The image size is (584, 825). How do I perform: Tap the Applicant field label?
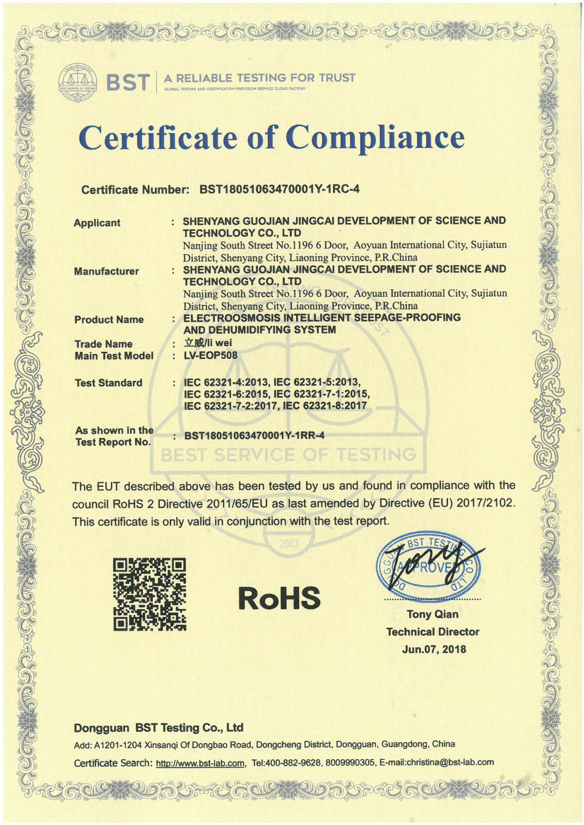click(97, 223)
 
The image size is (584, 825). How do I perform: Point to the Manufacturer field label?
click(106, 271)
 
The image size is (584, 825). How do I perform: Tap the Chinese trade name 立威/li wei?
click(208, 343)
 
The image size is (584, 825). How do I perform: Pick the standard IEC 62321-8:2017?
click(325, 406)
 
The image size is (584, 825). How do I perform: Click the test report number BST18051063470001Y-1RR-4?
click(254, 436)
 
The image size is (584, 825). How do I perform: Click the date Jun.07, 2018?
click(434, 649)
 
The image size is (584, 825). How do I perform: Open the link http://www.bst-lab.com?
click(200, 763)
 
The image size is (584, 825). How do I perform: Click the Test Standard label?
click(109, 383)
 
